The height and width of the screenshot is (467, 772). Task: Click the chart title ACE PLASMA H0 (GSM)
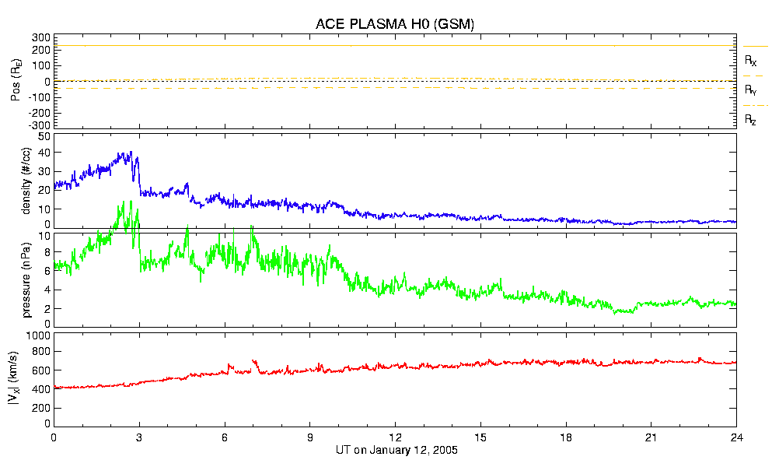[395, 24]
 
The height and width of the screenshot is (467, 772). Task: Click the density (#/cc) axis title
[26, 181]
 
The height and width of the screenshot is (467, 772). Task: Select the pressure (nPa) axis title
[26, 278]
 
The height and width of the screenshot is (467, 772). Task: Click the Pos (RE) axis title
[16, 81]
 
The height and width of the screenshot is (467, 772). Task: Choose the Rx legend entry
[750, 60]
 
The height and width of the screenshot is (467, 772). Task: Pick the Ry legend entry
[750, 90]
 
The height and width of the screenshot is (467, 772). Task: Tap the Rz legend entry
[750, 120]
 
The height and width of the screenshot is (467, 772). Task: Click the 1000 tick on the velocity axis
[37, 335]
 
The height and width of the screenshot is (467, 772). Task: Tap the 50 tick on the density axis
[44, 136]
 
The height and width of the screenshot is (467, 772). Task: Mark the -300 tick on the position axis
[39, 125]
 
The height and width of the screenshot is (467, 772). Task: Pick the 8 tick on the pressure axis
[47, 252]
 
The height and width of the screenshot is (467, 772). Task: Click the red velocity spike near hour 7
[253, 361]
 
